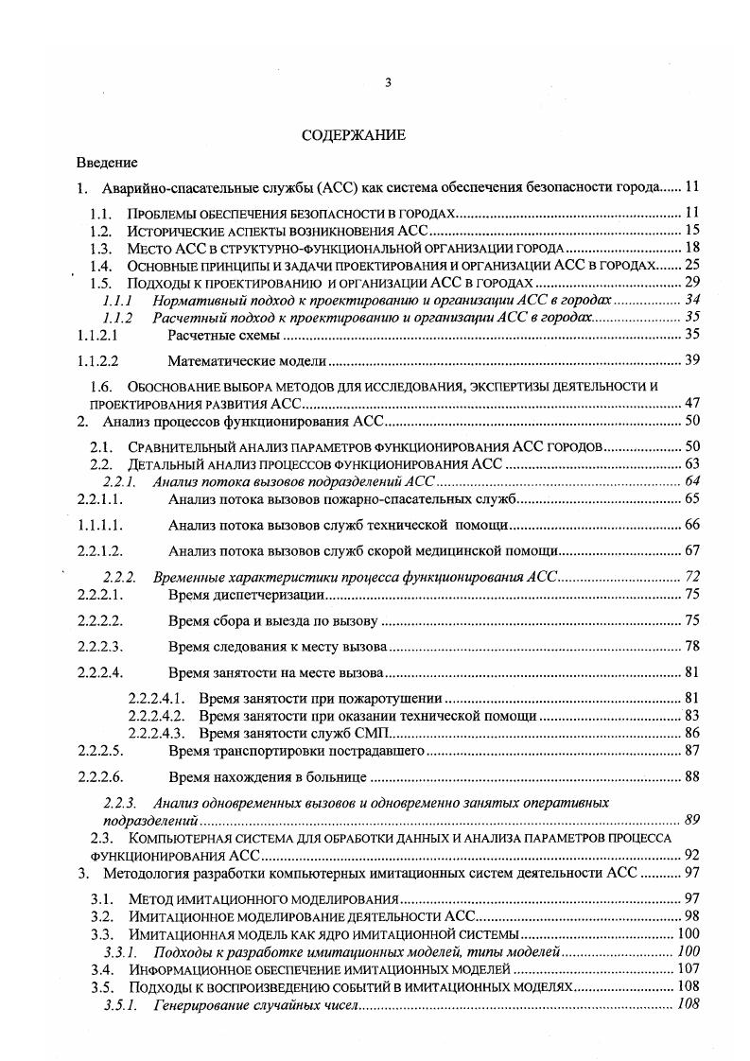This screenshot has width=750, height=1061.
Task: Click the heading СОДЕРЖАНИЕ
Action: pyautogui.click(x=353, y=135)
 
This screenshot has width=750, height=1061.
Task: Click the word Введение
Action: pyautogui.click(x=107, y=163)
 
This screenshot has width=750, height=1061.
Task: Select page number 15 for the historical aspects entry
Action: pyautogui.click(x=690, y=230)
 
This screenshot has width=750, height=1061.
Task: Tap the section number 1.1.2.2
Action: pyautogui.click(x=96, y=360)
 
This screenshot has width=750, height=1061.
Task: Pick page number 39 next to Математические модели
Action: pyautogui.click(x=690, y=360)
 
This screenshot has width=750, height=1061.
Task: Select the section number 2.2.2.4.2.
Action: pyautogui.click(x=161, y=716)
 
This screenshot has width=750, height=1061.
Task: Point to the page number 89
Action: pyautogui.click(x=690, y=819)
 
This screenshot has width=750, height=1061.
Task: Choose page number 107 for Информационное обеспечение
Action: pyautogui.click(x=688, y=970)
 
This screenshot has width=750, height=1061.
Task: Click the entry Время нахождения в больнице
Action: pyautogui.click(x=268, y=777)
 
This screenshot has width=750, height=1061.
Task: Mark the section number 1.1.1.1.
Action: pyautogui.click(x=96, y=524)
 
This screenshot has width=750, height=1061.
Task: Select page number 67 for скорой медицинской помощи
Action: pyautogui.click(x=690, y=550)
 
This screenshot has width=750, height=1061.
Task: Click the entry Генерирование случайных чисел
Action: pyautogui.click(x=256, y=1004)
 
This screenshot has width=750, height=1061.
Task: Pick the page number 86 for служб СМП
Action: pyautogui.click(x=690, y=733)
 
